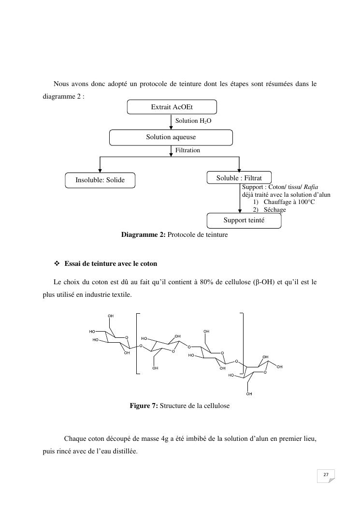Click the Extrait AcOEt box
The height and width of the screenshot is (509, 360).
click(x=172, y=107)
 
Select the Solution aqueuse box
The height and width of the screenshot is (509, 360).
click(x=171, y=137)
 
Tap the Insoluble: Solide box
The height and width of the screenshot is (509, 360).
click(x=100, y=180)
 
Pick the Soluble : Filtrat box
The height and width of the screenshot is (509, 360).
click(x=239, y=178)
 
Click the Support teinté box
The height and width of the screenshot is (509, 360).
click(x=244, y=220)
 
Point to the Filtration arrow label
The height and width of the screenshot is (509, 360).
click(x=187, y=150)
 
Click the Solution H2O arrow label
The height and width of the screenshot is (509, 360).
click(x=193, y=121)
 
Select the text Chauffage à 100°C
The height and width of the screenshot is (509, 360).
click(x=289, y=202)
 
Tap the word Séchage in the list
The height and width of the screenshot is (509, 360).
click(x=274, y=210)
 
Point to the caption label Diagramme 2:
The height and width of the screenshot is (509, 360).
click(x=144, y=235)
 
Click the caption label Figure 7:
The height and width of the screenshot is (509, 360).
click(x=144, y=406)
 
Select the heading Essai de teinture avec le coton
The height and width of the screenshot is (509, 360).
click(x=111, y=264)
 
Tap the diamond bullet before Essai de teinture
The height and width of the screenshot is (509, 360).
click(x=57, y=264)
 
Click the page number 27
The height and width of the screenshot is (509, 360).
click(x=326, y=475)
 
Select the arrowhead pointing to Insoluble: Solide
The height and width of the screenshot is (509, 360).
click(x=100, y=170)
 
